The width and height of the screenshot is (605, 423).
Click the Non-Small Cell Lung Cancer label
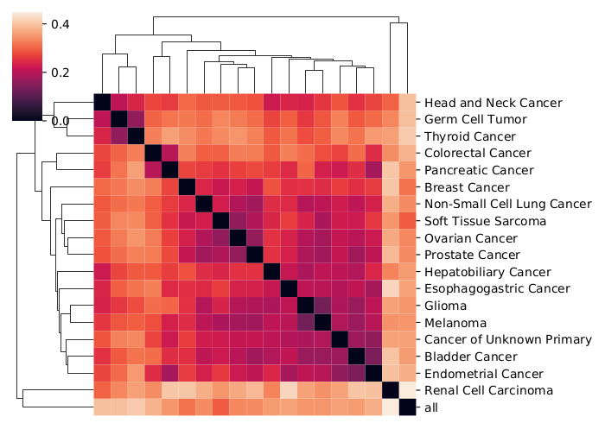tap(508, 204)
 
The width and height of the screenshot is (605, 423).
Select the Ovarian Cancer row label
tap(471, 238)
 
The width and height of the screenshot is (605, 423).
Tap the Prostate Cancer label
tap(473, 255)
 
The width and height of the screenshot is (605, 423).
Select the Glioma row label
tap(447, 306)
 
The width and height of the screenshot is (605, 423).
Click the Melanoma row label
tap(455, 323)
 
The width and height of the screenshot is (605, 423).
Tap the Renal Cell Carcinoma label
tap(490, 390)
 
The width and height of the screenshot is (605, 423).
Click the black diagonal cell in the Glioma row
tap(305, 306)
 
